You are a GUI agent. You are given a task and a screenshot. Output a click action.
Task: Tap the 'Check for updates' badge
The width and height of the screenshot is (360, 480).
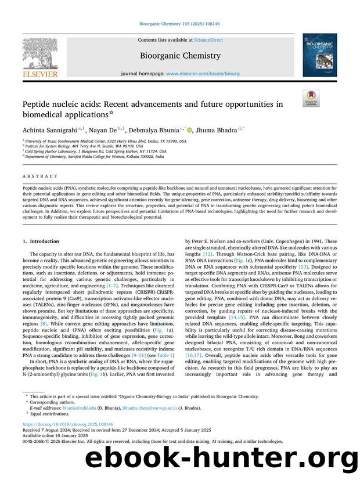click(x=312, y=98)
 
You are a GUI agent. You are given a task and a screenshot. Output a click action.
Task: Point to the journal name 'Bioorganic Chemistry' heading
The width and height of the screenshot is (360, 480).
click(x=179, y=56)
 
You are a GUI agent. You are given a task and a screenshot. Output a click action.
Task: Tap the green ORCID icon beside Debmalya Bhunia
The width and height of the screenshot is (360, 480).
click(x=189, y=129)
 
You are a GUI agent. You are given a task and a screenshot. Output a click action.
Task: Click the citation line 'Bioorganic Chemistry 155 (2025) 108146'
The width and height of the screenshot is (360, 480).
click(x=179, y=24)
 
